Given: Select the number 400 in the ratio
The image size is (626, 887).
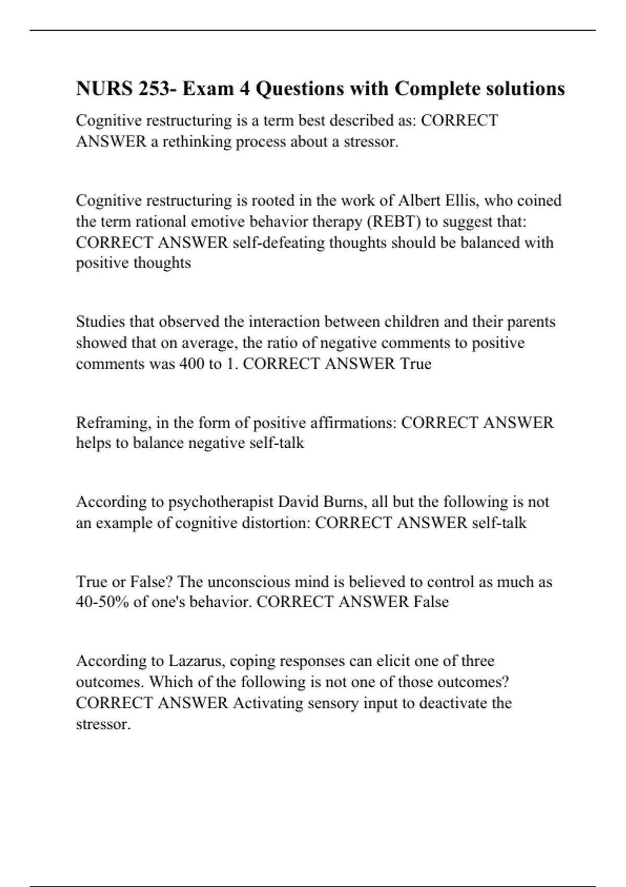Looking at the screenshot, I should (x=191, y=364).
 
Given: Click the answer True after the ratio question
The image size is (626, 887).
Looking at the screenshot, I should (x=416, y=364).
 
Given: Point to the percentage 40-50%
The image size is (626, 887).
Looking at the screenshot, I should (x=102, y=602).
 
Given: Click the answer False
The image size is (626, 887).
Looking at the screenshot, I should (x=431, y=602).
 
